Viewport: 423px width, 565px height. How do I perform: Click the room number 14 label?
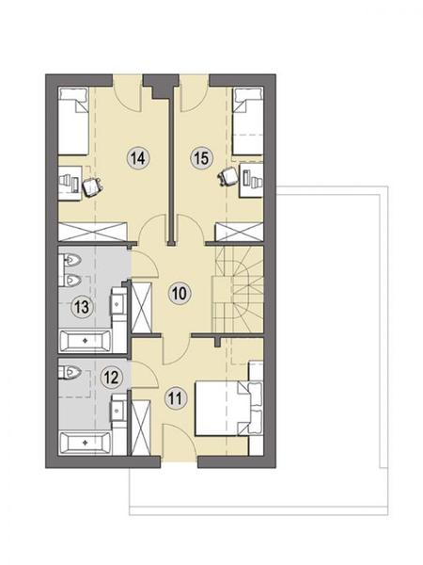click(138, 158)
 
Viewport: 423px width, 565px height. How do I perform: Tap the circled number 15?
click(201, 158)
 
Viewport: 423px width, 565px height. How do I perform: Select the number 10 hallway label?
click(180, 293)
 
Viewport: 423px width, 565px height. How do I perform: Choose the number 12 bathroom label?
click(112, 378)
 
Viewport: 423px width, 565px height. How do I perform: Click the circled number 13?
click(82, 307)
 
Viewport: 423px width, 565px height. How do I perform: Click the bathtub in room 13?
click(85, 340)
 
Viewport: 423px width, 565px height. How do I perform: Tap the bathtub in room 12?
click(85, 443)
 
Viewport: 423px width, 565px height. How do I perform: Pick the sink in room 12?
click(118, 410)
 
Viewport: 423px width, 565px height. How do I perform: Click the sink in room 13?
click(118, 303)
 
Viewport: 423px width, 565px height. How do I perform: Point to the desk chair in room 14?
click(93, 186)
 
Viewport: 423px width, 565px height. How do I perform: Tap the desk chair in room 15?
click(228, 177)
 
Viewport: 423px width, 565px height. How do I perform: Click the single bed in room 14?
click(73, 121)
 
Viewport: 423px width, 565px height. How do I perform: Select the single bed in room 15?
click(248, 121)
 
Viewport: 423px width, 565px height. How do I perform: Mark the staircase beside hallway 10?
click(239, 290)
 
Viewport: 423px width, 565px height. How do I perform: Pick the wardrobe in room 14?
click(93, 232)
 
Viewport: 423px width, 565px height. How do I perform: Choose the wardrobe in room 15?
click(239, 232)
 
